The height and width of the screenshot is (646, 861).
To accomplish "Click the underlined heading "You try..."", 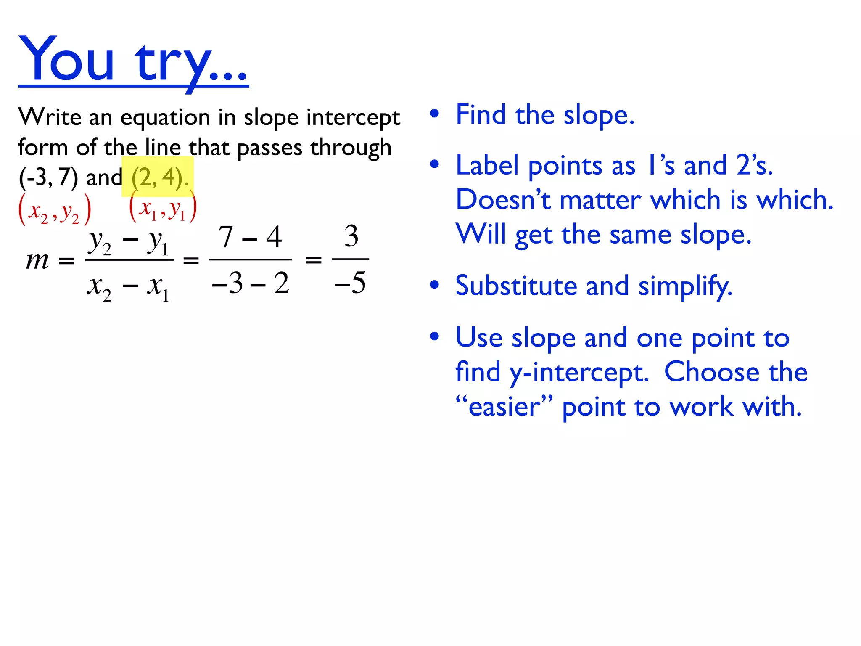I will click(x=133, y=61).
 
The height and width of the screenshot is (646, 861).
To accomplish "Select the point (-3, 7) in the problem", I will click(x=48, y=177).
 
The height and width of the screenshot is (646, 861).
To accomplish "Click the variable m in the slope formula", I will click(x=37, y=260).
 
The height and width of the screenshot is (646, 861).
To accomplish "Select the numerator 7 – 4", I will click(x=250, y=237).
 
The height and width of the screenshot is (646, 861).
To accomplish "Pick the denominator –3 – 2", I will click(x=251, y=283).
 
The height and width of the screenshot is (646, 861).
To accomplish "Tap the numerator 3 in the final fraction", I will click(x=351, y=236).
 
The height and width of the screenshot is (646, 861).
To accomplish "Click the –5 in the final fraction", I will click(x=350, y=283).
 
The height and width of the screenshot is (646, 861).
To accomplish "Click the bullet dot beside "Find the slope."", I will click(x=434, y=114).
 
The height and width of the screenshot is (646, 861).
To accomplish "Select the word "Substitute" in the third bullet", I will click(x=516, y=286).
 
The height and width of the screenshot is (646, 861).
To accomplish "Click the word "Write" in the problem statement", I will click(x=50, y=117).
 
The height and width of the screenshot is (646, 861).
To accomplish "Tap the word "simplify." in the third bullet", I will click(x=685, y=286).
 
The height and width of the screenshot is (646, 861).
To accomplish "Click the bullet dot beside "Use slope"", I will click(x=434, y=336).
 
